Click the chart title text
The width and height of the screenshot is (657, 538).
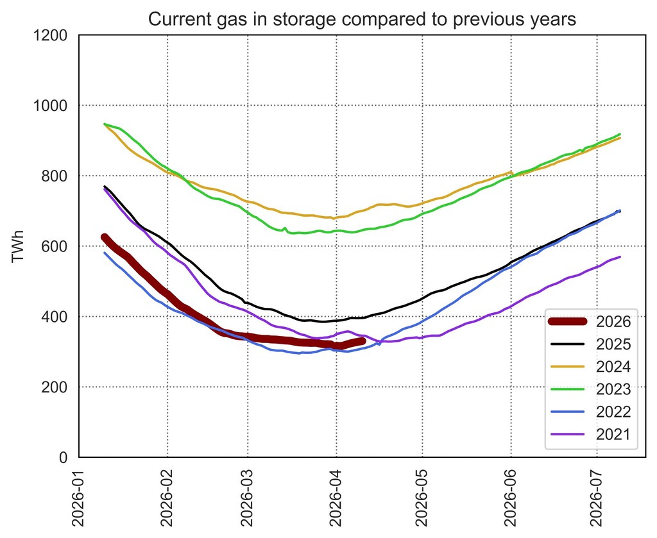click(362, 19)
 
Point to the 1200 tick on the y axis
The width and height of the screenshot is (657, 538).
click(55, 35)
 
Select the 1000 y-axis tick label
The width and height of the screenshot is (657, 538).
click(55, 106)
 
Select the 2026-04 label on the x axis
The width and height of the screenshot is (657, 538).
click(336, 496)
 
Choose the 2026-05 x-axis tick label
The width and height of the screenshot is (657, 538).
click(422, 496)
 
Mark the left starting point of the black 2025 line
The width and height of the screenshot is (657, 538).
click(105, 187)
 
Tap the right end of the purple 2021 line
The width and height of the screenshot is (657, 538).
click(620, 257)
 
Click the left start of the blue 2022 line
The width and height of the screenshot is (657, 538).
click(105, 253)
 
